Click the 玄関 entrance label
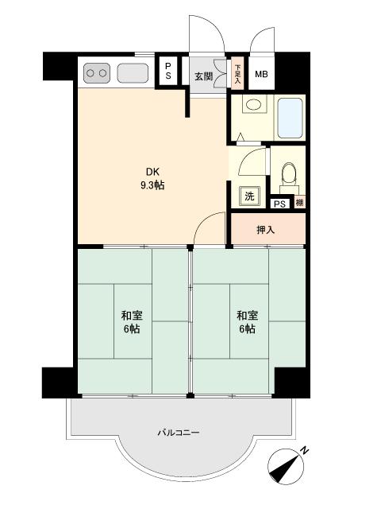pyautogui.click(x=203, y=76)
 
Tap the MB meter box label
pyautogui.click(x=261, y=74)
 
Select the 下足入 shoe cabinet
pyautogui.click(x=237, y=73)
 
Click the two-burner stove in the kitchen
pyautogui.click(x=97, y=73)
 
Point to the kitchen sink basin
pyautogui.click(x=133, y=73)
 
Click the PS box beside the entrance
pyautogui.click(x=167, y=71)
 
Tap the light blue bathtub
pyautogui.click(x=290, y=119)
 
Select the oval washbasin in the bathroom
pyautogui.click(x=254, y=105)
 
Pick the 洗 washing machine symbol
pyautogui.click(x=249, y=196)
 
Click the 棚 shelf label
pyautogui.click(x=300, y=203)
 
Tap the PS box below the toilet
pyautogui.click(x=280, y=204)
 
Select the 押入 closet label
pyautogui.click(x=266, y=230)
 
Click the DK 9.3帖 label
pyautogui.click(x=152, y=178)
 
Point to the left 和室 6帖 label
pyautogui.click(x=132, y=322)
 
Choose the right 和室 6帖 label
pyautogui.click(x=247, y=322)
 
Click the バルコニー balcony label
pyautogui.click(x=179, y=433)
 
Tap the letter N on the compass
pyautogui.click(x=304, y=451)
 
